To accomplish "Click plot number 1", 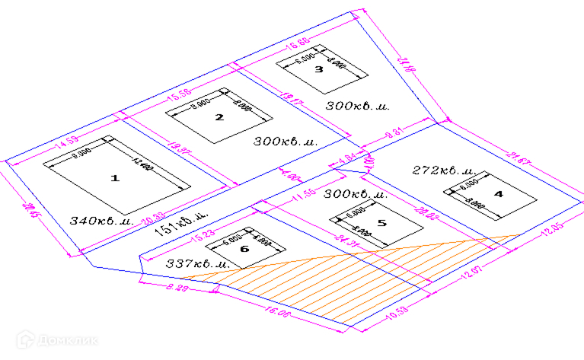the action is [x=115, y=178].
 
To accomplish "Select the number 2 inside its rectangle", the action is [x=219, y=117].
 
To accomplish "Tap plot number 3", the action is [x=319, y=69].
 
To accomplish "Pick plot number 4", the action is [x=499, y=194].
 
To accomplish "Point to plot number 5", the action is [x=381, y=223].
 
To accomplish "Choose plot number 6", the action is [x=244, y=249].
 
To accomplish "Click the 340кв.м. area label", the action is [x=101, y=221].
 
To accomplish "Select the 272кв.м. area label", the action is [x=443, y=170].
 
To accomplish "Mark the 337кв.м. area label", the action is [x=197, y=263].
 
